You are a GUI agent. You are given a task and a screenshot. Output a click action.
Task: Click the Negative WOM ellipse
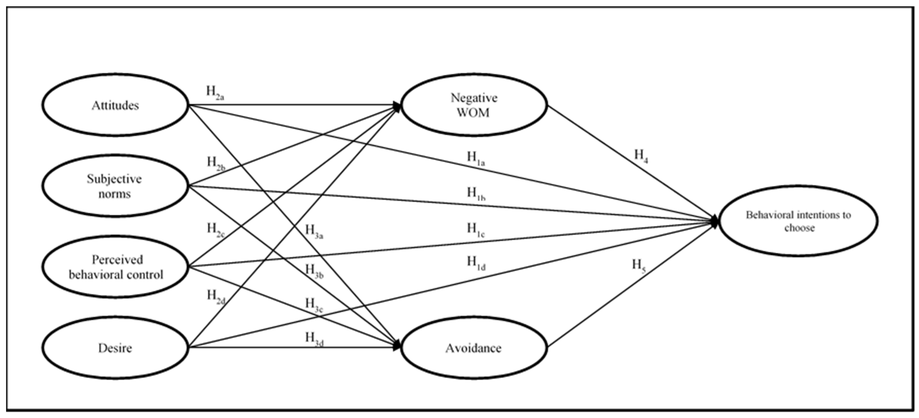(474, 105)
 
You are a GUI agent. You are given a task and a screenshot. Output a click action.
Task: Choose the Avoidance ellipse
(474, 348)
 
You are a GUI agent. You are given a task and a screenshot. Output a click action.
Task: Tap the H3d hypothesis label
(314, 339)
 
